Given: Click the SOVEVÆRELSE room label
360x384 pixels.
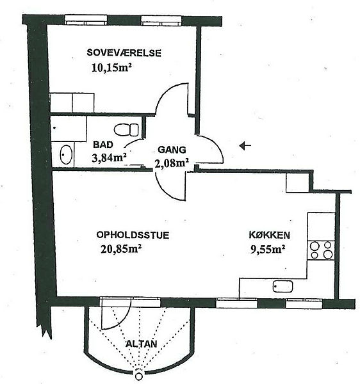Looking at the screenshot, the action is tap(124, 53).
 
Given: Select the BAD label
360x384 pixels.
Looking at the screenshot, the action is tap(103, 145).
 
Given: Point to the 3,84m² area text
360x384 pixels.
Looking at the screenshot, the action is tap(109, 157).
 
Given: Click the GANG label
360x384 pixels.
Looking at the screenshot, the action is tap(172, 150).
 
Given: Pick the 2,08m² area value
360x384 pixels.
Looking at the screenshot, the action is tap(172, 163).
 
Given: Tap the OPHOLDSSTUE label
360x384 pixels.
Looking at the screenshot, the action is tap(133, 235).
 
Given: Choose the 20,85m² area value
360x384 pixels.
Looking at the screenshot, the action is tap(121, 249).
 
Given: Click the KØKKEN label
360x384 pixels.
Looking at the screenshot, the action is tap(269, 235).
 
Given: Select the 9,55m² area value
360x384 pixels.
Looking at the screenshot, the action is tap(268, 250).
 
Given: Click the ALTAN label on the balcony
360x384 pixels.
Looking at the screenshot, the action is tap(141, 344).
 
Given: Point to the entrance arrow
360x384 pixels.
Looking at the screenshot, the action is tap(245, 146).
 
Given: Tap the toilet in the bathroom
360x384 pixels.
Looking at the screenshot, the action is tap(126, 129).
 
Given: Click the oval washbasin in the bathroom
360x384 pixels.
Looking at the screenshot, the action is tap(66, 155).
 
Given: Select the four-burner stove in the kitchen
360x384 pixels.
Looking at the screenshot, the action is tap(321, 250).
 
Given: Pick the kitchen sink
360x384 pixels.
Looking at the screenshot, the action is tap(283, 286).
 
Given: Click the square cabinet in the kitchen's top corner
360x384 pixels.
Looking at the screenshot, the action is tap(297, 182).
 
